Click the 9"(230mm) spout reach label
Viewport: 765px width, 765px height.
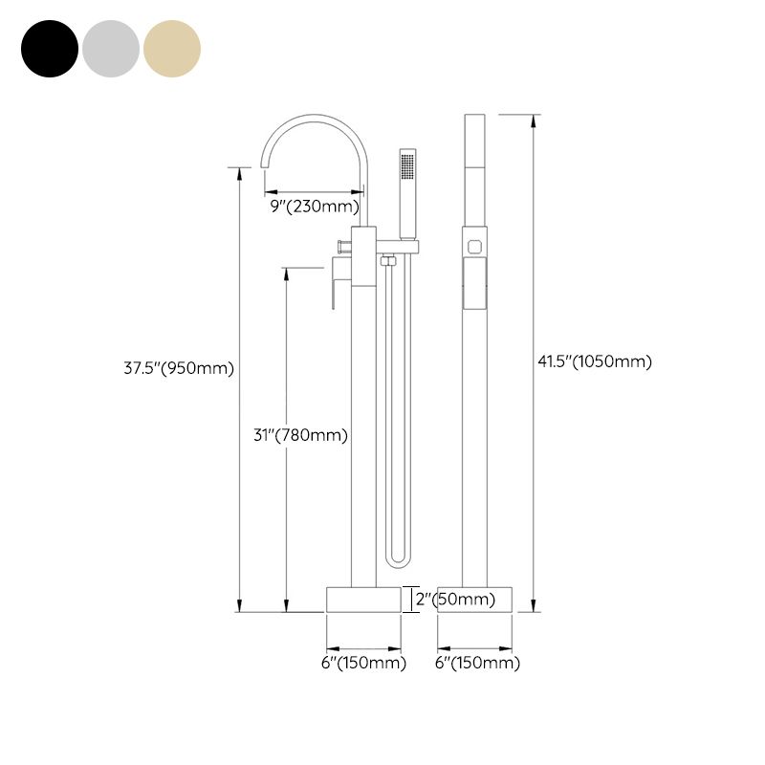click(x=313, y=206)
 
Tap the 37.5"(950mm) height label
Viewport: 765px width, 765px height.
click(x=179, y=368)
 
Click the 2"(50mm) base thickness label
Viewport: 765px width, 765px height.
click(x=454, y=601)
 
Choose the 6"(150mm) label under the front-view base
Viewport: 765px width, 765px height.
click(x=363, y=663)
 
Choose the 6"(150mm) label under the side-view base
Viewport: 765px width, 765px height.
click(x=478, y=663)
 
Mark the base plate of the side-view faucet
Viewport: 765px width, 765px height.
click(x=475, y=600)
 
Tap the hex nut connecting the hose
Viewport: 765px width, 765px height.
click(x=388, y=260)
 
